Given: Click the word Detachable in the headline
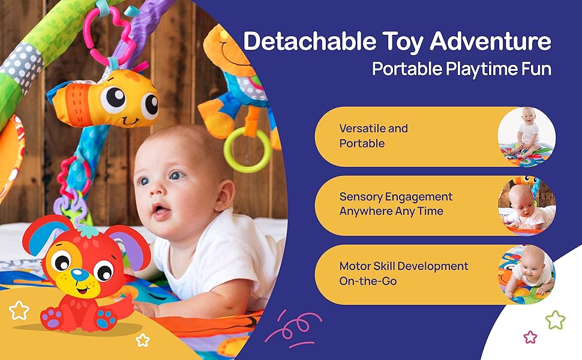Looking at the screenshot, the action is tap(310, 41).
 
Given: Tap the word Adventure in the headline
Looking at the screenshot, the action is tap(491, 41).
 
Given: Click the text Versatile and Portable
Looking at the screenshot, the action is tap(373, 136).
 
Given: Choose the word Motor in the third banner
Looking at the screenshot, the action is tap(355, 266).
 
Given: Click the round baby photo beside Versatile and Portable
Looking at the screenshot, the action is tap(527, 137).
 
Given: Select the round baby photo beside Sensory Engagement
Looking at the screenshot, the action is tap(527, 206).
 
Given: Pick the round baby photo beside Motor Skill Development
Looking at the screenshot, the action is tap(527, 275).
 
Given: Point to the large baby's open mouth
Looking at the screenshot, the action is tap(161, 211).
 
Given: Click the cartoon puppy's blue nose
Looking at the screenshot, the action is tap(79, 275).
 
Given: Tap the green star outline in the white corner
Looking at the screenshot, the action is tap(555, 320).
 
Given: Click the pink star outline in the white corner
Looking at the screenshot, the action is tap(530, 337).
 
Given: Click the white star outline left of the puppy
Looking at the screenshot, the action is tap(19, 310).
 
